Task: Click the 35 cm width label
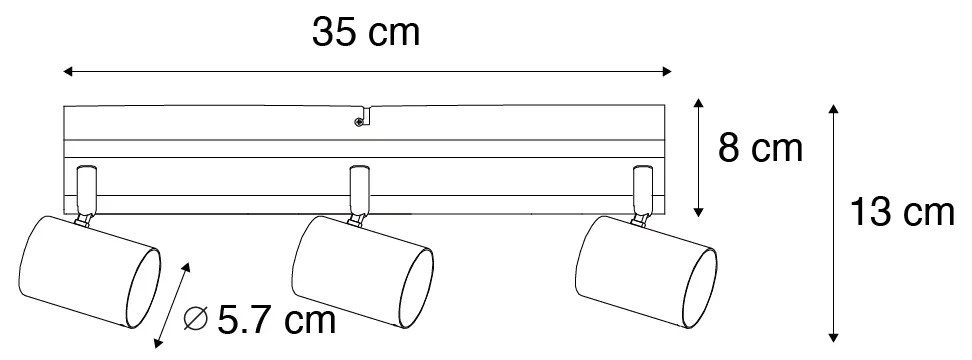pyautogui.click(x=365, y=33)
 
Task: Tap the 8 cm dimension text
pyautogui.click(x=761, y=150)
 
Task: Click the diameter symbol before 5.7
pyautogui.click(x=198, y=321)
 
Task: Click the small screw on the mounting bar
pyautogui.click(x=358, y=123)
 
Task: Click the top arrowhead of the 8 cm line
pyautogui.click(x=699, y=104)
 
